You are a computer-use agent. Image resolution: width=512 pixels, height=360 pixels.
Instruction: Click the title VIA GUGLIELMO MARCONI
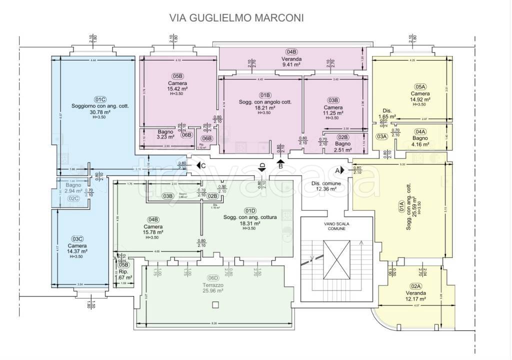[236, 18]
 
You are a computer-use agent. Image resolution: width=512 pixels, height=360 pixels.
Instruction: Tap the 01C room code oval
[101, 98]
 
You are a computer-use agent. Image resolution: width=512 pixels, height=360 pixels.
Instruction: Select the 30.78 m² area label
[101, 112]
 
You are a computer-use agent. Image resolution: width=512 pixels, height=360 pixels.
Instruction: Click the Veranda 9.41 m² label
[291, 61]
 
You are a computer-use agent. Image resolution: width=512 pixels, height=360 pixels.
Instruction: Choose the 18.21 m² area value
[265, 107]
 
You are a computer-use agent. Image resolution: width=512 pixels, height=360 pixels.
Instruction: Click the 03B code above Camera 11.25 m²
[333, 99]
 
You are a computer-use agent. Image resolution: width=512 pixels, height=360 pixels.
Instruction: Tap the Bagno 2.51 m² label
[342, 146]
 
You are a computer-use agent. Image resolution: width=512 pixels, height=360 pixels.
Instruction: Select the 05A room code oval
[420, 86]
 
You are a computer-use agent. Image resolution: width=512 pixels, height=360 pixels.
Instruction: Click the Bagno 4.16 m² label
[420, 141]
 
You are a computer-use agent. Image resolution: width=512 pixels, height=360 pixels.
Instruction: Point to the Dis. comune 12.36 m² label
[326, 186]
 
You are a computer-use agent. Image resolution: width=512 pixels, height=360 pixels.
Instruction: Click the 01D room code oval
[249, 210]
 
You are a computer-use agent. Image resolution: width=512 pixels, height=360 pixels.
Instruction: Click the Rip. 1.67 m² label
[123, 274]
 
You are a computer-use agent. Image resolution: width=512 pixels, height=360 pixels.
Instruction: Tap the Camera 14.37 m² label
[77, 248]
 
